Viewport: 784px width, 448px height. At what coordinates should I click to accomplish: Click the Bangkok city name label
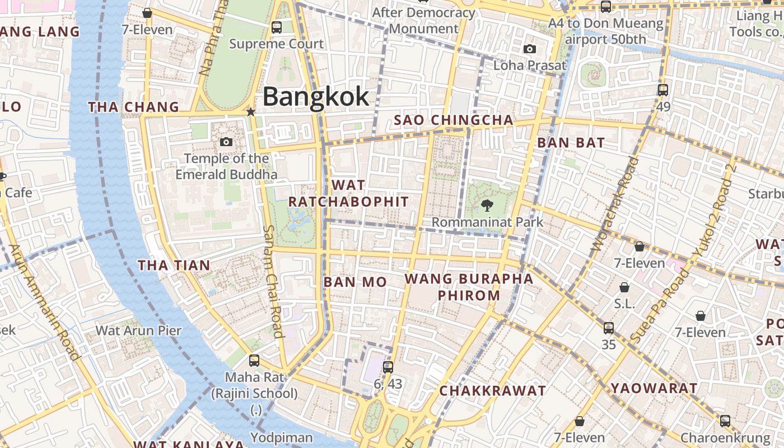[x=316, y=96]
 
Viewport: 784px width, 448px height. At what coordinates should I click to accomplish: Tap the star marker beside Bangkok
[x=251, y=112]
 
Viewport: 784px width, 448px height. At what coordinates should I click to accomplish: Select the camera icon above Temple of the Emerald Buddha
[x=226, y=142]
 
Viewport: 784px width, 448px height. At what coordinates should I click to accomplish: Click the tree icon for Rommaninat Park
[x=487, y=206]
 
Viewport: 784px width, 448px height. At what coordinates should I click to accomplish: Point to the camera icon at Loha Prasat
[x=529, y=49]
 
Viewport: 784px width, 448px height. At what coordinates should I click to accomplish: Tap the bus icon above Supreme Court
[x=276, y=27]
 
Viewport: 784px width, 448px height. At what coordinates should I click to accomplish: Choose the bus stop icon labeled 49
[x=663, y=90]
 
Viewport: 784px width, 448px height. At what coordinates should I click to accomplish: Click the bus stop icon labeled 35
[x=609, y=328]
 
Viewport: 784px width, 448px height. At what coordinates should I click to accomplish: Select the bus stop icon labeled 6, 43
[x=388, y=367]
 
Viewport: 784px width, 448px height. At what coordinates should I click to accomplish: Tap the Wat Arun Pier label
[x=138, y=330]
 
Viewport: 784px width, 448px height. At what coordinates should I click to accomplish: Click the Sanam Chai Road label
[x=273, y=281]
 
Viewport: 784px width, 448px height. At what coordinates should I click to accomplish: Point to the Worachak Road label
[x=615, y=204]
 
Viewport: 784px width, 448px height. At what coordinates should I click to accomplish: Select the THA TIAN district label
[x=174, y=265]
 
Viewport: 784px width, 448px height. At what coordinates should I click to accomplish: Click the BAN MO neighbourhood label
[x=355, y=282]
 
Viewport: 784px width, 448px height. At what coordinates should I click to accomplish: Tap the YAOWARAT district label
[x=654, y=388]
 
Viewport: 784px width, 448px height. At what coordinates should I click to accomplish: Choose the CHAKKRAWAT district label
[x=492, y=391]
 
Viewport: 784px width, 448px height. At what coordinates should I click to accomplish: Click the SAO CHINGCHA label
[x=454, y=120]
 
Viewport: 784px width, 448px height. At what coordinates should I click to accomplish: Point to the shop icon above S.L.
[x=624, y=287]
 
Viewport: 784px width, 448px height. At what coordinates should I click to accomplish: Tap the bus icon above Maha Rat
[x=254, y=361]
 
